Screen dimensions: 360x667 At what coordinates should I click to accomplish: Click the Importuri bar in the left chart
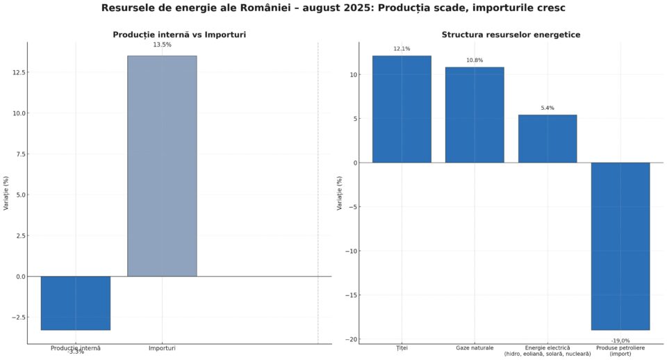tap(162, 166)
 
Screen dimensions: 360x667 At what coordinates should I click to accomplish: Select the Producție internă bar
tap(75, 303)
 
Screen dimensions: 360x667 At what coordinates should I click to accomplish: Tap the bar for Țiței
tap(402, 109)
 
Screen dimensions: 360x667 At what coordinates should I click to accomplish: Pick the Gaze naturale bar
tap(475, 115)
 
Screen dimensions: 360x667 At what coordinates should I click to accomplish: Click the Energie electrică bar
tap(547, 138)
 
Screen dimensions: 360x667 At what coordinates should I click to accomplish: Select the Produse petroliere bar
tap(620, 246)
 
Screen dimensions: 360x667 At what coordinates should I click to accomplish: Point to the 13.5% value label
tap(162, 45)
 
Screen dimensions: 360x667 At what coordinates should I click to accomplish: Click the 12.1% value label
tap(402, 49)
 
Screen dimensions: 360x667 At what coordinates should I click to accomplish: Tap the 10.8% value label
tap(475, 60)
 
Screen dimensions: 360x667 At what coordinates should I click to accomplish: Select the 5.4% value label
tap(547, 108)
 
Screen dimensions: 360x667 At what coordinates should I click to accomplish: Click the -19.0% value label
tap(620, 341)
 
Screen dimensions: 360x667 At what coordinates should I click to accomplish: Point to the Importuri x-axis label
tap(162, 348)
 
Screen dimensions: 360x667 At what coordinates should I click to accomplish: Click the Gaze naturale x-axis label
tap(475, 347)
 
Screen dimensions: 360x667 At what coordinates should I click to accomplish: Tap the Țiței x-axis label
tap(402, 347)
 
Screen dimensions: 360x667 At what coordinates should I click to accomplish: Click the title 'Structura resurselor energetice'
tap(511, 35)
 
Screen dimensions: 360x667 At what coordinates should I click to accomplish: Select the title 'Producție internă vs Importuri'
tap(179, 35)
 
